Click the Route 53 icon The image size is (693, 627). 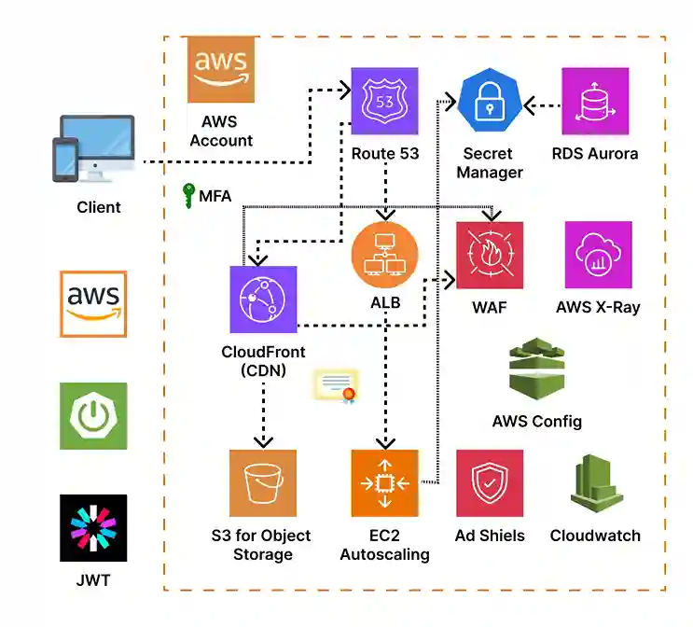coord(384,101)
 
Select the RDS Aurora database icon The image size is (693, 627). coord(595,101)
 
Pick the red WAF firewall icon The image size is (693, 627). coord(490,255)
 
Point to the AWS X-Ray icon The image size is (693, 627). coord(598,255)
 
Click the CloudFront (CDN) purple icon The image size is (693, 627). coord(263,300)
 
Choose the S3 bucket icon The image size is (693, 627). coord(263,483)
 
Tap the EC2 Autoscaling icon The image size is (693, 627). coord(385,483)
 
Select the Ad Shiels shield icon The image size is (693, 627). coord(490,483)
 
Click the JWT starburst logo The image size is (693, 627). coord(93,528)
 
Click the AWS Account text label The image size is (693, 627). coord(220,132)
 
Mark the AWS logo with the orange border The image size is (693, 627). coord(93,303)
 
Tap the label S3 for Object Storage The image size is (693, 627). coord(261,545)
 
